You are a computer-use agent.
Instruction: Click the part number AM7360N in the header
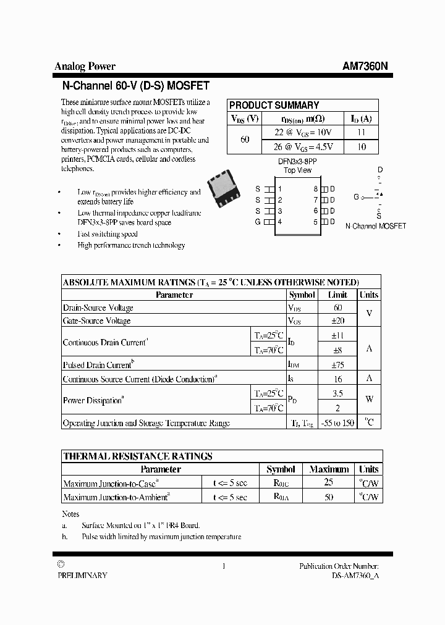pos(365,67)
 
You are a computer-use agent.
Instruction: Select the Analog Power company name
pos(85,67)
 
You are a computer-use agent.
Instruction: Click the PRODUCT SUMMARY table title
pos(274,105)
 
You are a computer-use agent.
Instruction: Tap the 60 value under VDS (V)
pos(245,140)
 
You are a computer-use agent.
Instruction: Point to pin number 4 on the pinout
pos(280,222)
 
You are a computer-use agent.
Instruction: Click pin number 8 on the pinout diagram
pos(315,189)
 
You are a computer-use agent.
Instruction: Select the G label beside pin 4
pos(258,222)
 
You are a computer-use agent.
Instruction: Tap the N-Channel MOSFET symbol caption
pos(375,226)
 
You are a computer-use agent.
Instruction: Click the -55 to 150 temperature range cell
pos(338,423)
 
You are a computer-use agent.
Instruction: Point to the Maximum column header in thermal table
pos(329,469)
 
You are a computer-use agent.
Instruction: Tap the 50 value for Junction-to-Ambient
pos(329,497)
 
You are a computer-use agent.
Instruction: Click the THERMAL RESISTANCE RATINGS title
pos(138,456)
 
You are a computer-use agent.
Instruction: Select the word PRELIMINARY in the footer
pos(82,575)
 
